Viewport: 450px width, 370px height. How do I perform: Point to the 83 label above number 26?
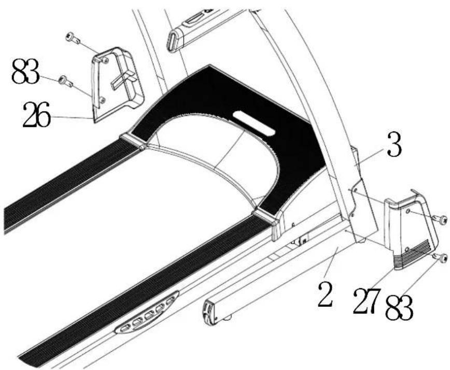(x=25, y=71)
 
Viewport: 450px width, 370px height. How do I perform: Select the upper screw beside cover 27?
(x=440, y=220)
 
